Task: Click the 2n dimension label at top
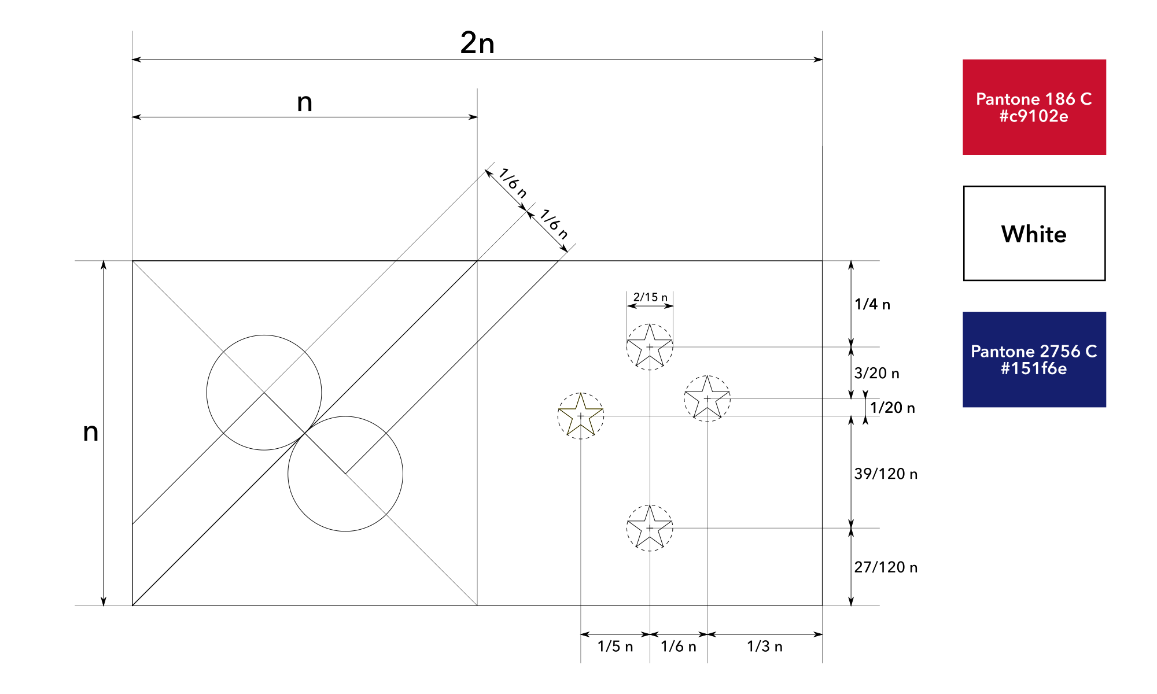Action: (x=477, y=43)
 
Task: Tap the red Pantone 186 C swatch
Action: (x=1034, y=107)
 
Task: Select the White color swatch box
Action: (x=1034, y=234)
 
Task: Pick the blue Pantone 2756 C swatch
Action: (x=1034, y=359)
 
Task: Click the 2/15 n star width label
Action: (x=650, y=297)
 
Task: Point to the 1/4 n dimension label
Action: (x=872, y=304)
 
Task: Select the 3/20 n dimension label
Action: (x=876, y=373)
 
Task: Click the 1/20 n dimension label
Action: (x=892, y=408)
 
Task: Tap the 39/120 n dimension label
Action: (x=886, y=474)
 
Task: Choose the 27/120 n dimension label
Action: (x=886, y=567)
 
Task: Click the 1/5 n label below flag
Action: (x=615, y=646)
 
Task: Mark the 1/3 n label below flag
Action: (x=764, y=646)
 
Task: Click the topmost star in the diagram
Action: (x=650, y=347)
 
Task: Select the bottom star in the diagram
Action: (x=650, y=528)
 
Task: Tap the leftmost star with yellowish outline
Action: (x=581, y=416)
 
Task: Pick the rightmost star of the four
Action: (x=707, y=398)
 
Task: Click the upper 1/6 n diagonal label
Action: (x=513, y=183)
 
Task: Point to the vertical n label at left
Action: (x=91, y=432)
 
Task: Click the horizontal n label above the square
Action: (x=304, y=102)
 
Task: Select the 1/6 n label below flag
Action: (x=679, y=646)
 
